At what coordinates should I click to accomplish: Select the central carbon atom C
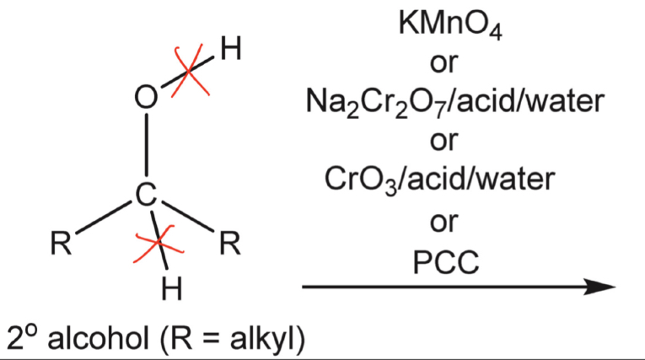tap(148, 196)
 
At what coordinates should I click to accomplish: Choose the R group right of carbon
tap(229, 245)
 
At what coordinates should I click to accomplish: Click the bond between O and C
tap(148, 148)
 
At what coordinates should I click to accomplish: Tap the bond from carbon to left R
tap(103, 220)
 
